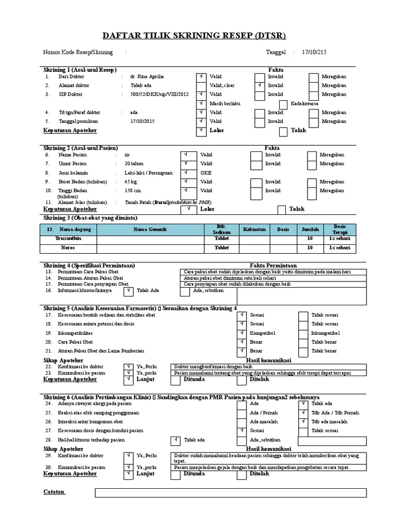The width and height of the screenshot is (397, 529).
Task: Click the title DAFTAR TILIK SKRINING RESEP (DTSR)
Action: (198, 35)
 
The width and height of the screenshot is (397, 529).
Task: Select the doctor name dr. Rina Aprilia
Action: (147, 76)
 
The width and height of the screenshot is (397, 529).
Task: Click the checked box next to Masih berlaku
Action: (201, 104)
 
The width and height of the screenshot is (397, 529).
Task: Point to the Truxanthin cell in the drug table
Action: (68, 239)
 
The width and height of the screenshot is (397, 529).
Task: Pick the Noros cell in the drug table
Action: (68, 248)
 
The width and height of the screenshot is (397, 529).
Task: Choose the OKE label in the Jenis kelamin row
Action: (206, 173)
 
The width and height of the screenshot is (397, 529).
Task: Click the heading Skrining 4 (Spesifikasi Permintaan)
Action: (89, 265)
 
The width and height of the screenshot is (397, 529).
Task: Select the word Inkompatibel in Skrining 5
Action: (326, 333)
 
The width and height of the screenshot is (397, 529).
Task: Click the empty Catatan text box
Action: (231, 493)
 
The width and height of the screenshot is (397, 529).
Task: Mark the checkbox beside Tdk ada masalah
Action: (303, 422)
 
